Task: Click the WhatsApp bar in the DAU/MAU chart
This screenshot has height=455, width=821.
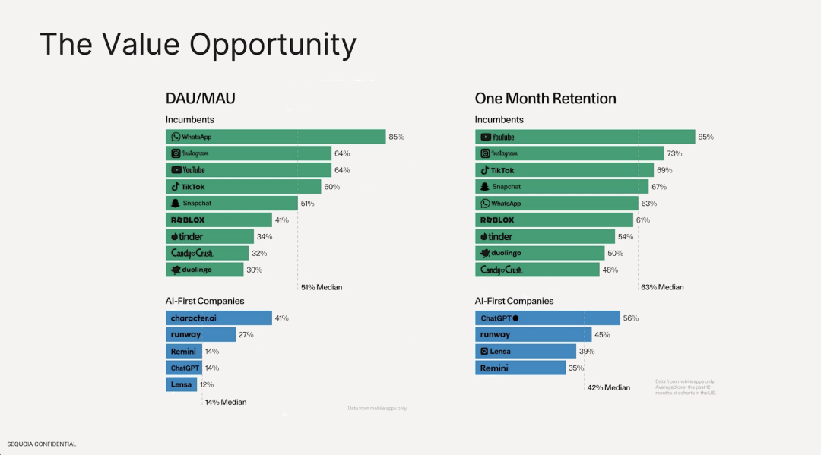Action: click(x=275, y=137)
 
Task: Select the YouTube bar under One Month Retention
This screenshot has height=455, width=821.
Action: click(x=585, y=137)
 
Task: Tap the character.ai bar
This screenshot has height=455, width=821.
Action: click(x=218, y=318)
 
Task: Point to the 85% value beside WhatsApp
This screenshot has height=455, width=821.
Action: click(x=396, y=137)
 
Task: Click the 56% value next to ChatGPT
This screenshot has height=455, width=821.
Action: click(x=630, y=318)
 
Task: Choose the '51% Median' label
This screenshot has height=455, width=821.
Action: click(x=322, y=287)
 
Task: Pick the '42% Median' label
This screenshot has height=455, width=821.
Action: click(x=608, y=387)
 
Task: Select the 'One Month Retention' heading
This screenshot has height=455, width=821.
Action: click(x=545, y=99)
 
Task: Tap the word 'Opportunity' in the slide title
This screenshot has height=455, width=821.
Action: click(x=273, y=45)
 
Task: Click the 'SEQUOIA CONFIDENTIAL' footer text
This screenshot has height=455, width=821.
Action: click(x=42, y=444)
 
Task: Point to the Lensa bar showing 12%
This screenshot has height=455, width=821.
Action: click(x=181, y=384)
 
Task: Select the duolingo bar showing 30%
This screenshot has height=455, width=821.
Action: click(x=204, y=270)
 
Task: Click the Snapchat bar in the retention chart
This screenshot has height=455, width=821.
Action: click(x=562, y=187)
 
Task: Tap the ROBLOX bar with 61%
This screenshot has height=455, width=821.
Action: click(x=553, y=220)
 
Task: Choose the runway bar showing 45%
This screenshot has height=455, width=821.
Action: click(x=533, y=334)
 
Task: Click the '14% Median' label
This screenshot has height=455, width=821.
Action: click(x=226, y=402)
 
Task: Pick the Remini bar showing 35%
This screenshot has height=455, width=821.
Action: click(x=520, y=368)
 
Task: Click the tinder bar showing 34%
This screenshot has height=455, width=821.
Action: click(x=210, y=236)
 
